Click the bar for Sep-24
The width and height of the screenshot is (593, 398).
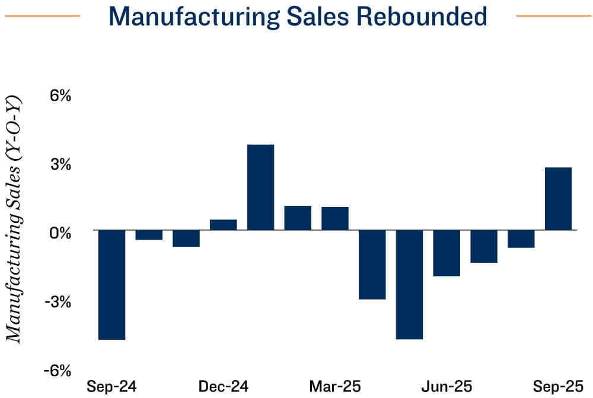[x=111, y=285]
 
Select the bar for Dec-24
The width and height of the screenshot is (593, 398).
[x=223, y=225]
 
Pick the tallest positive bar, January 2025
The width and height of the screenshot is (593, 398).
[x=260, y=187]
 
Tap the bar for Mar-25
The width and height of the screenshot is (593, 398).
[x=335, y=218]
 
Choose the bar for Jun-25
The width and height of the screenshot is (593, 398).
[x=447, y=253]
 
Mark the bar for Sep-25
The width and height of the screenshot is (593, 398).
[x=558, y=199]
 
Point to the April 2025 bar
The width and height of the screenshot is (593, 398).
[x=372, y=265]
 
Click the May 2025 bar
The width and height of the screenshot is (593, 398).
[x=409, y=285]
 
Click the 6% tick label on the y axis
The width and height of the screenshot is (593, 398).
[x=59, y=96]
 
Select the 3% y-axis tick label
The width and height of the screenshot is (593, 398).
[x=59, y=164]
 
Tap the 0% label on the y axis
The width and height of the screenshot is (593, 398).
[x=59, y=233]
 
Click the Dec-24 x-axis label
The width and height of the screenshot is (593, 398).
[x=224, y=387]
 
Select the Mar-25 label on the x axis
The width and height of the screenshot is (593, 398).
[x=335, y=387]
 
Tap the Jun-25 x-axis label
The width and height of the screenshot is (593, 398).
[x=447, y=387]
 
